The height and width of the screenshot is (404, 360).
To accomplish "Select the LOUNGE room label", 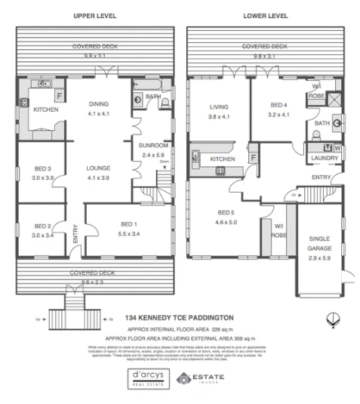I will click(x=98, y=170).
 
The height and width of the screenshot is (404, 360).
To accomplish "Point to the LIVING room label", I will click(x=219, y=107).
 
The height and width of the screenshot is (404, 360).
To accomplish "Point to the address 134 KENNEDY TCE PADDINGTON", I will click(x=180, y=319).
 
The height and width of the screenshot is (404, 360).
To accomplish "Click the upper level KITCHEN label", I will click(x=45, y=109).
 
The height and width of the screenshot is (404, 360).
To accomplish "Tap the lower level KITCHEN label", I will click(x=223, y=159).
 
